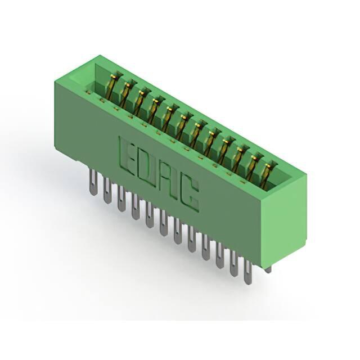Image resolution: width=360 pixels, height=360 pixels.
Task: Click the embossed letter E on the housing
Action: coord(125,154)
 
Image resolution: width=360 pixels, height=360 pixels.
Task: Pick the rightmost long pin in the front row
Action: coord(247,272)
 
